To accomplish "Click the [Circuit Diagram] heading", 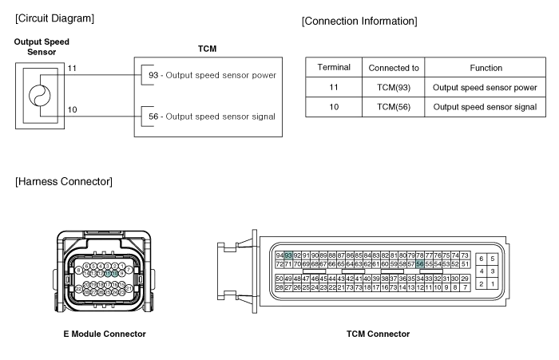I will [54, 18].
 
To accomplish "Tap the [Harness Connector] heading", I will [64, 182].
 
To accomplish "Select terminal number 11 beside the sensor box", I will [72, 69].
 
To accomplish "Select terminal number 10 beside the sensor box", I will [72, 109].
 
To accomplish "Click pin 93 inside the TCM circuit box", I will [153, 76].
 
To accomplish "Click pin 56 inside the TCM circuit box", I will [153, 117].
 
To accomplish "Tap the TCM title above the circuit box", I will [207, 49].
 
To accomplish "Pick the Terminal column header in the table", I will [332, 68].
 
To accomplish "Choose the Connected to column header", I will [393, 68].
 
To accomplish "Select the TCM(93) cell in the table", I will [393, 87].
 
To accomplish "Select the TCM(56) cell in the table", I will [393, 106].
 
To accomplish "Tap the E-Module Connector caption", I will [105, 334].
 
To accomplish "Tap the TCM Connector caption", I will [380, 334].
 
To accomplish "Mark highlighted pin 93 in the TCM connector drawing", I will [287, 255].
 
